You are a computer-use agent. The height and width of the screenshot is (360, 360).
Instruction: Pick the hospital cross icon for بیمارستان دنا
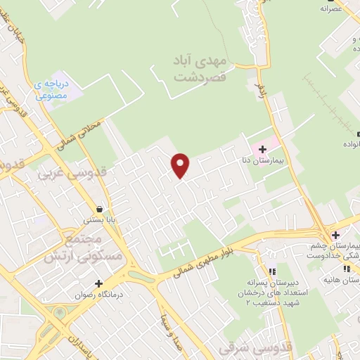[262, 149]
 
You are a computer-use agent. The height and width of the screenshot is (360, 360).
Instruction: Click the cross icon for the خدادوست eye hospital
[336, 235]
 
